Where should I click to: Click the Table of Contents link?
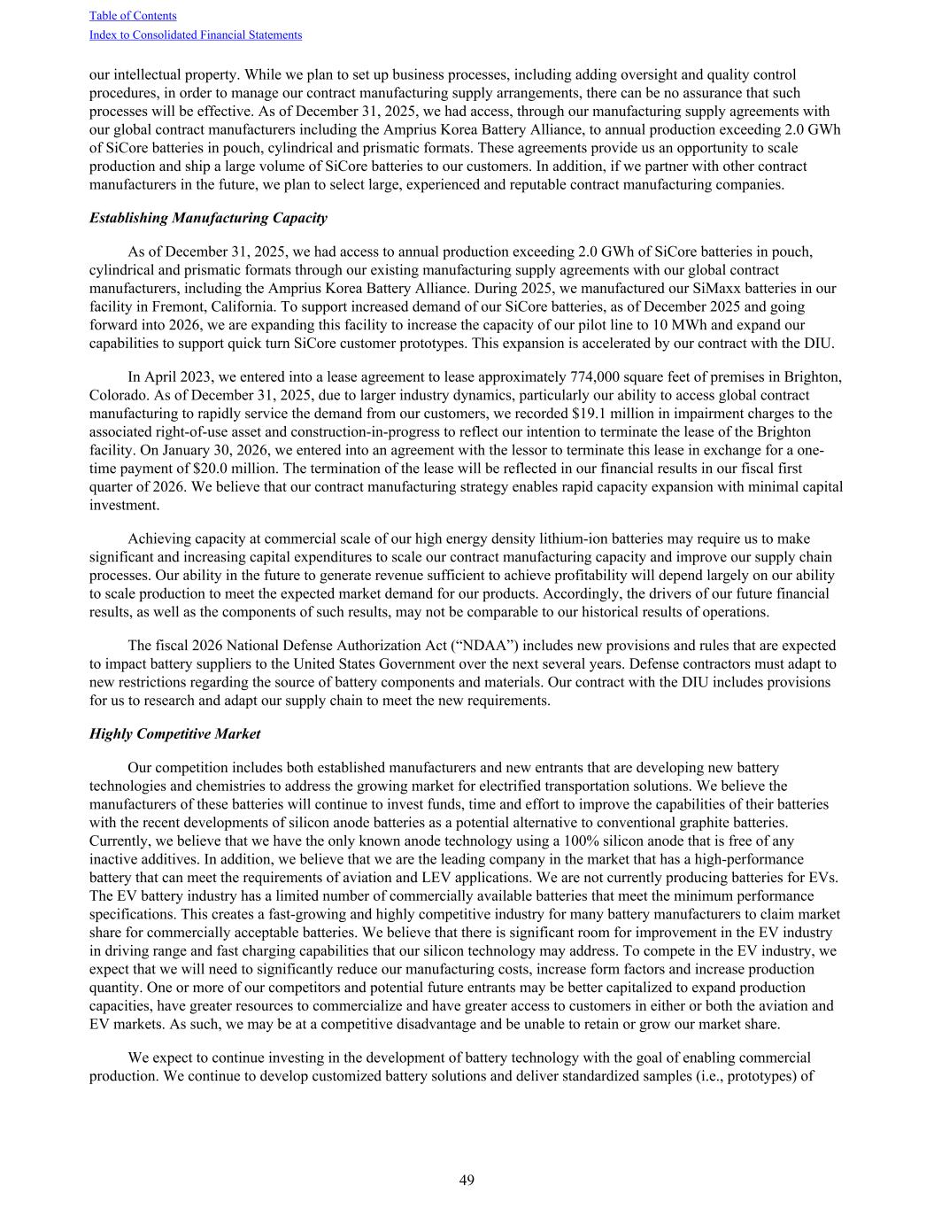click(x=133, y=16)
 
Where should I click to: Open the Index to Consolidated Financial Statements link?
click(x=196, y=35)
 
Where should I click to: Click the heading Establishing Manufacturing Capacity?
click(x=208, y=218)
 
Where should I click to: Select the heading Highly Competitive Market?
click(x=175, y=734)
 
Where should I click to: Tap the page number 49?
click(x=467, y=1180)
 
